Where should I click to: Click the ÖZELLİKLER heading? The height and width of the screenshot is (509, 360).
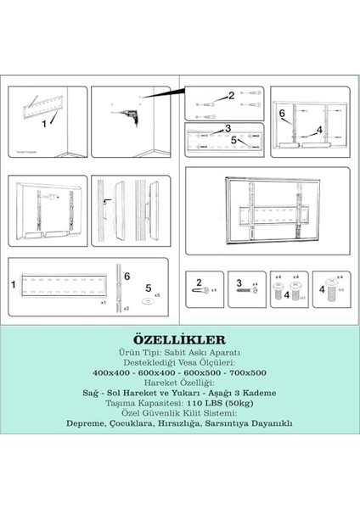179,338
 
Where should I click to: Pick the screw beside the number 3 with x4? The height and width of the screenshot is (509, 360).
254,290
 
